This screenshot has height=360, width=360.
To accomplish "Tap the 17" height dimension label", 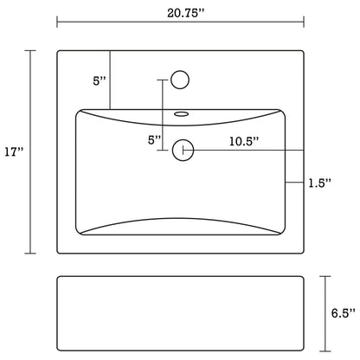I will (x=14, y=152).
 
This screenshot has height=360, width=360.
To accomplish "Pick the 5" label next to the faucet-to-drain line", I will (x=153, y=139).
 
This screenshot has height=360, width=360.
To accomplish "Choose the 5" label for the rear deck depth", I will (x=99, y=81).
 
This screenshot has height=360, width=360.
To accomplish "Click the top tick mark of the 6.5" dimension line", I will (x=326, y=276).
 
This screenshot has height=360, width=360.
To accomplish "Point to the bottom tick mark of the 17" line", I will (x=34, y=254).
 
